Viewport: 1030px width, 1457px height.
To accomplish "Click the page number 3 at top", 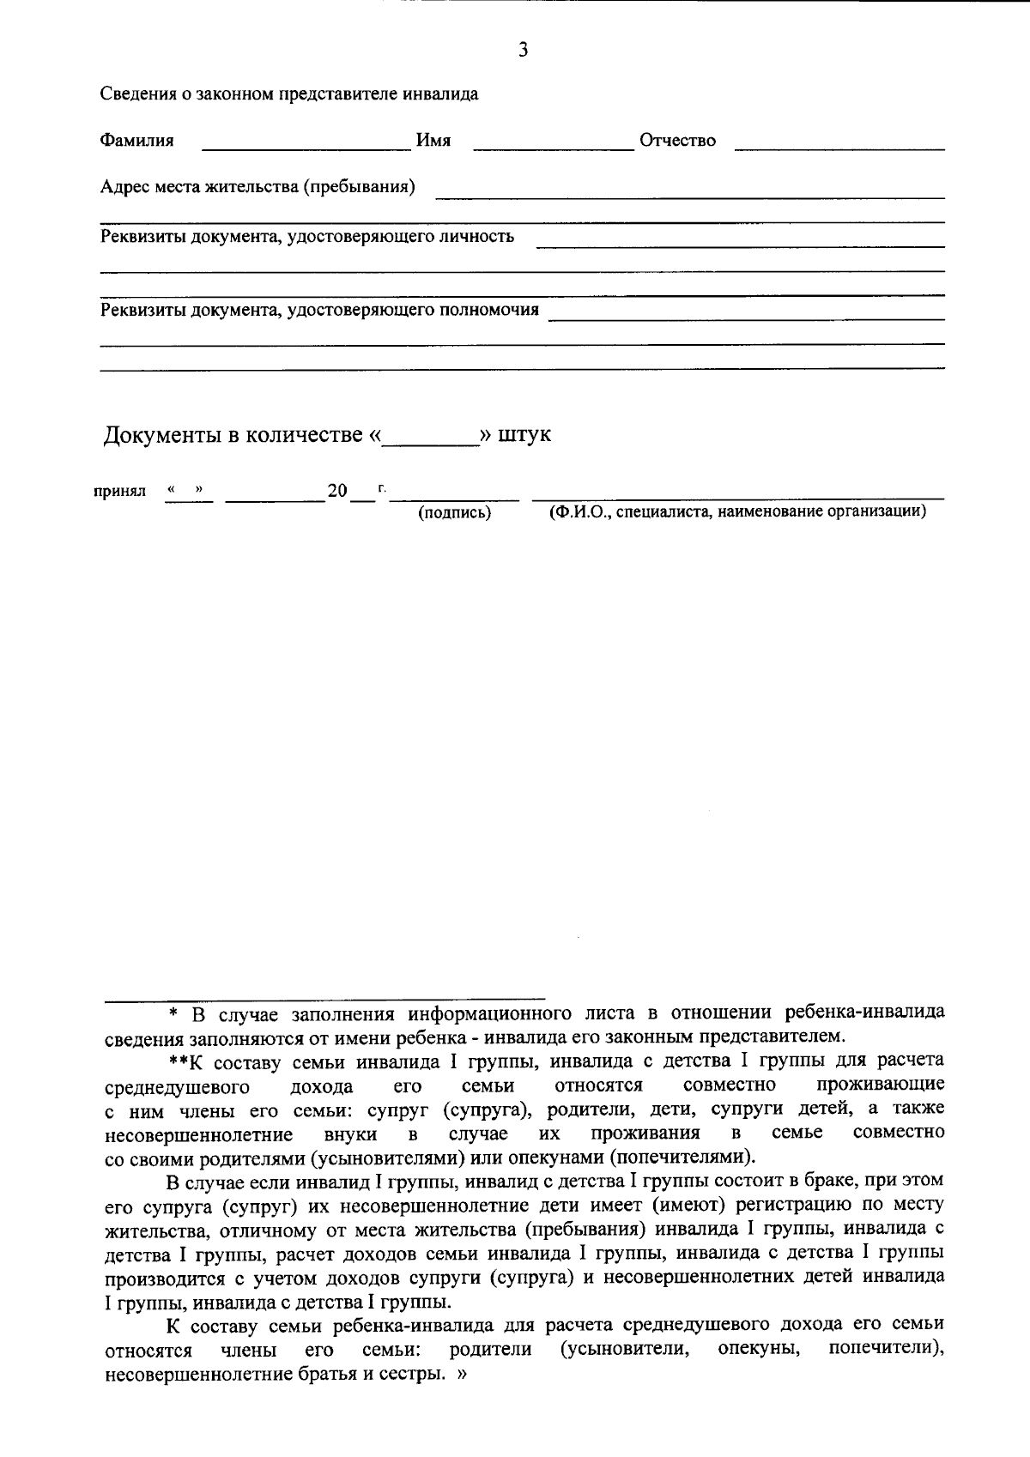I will coord(523,51).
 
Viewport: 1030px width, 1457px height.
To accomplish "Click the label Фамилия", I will coord(137,141).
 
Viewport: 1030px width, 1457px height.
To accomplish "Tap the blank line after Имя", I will coord(553,146).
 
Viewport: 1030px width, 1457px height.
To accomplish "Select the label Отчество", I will coord(677,141).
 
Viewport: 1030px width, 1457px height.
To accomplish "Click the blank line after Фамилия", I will coord(306,146).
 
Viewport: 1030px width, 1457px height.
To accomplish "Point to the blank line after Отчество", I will coord(839,146).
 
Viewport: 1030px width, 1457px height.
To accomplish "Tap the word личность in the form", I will coord(478,236).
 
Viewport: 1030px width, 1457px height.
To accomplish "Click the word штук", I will coord(524,434).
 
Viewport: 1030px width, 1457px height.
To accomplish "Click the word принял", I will coord(119,492).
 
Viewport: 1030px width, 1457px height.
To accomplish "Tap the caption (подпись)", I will coord(454,513).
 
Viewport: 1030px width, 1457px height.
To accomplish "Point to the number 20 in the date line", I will coord(336,491).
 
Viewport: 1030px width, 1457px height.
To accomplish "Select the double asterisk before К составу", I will coord(178,1061).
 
